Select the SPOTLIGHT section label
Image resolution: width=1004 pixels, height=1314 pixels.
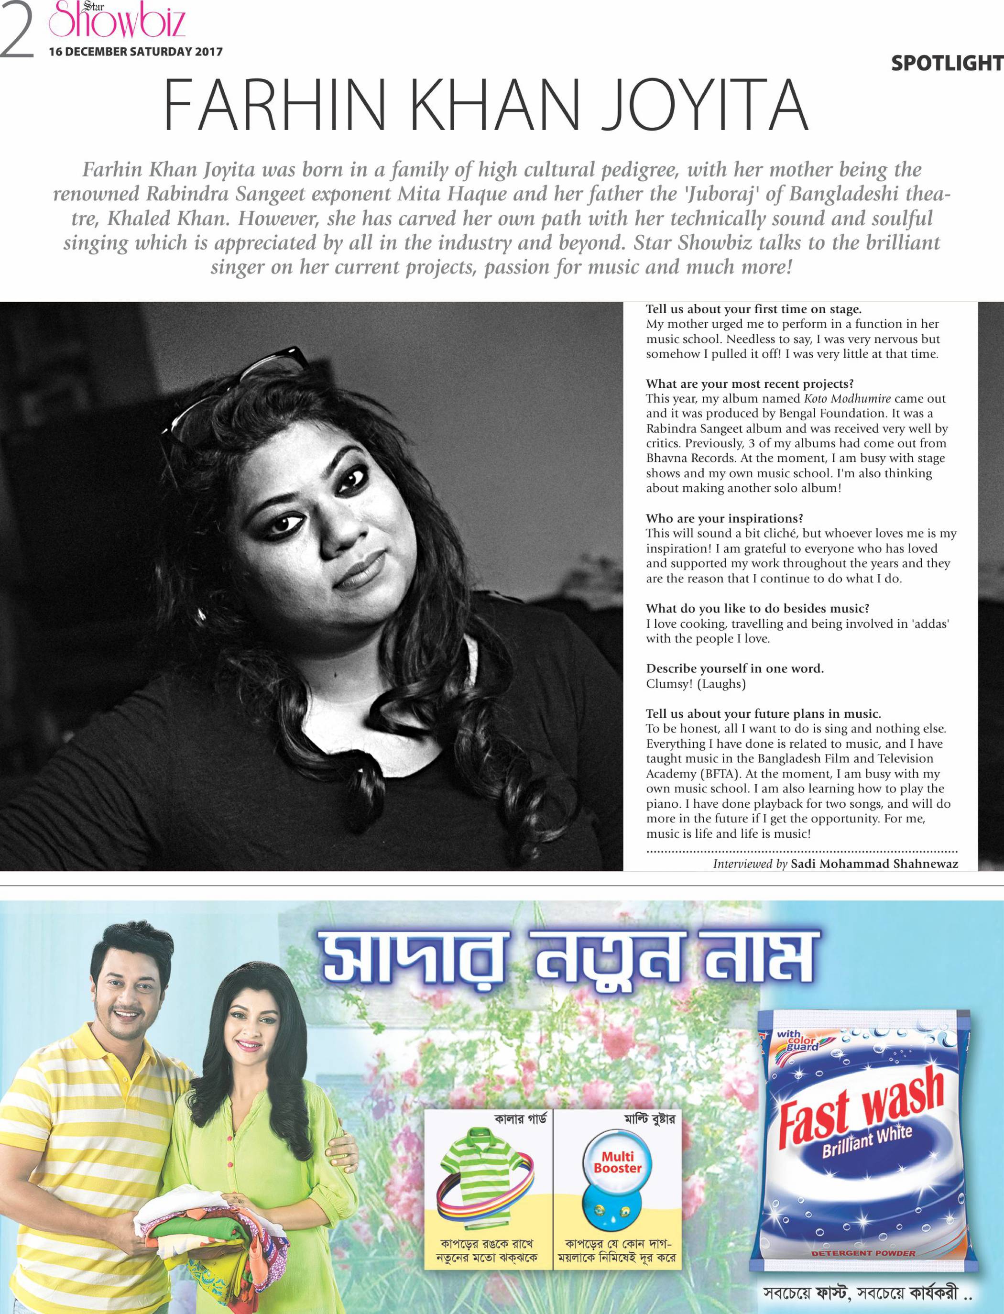click(x=947, y=63)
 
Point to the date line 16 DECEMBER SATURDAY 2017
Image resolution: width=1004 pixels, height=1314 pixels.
click(x=136, y=52)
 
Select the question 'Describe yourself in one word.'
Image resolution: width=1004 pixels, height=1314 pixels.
click(x=734, y=668)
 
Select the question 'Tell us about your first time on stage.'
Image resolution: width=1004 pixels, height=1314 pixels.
click(x=753, y=309)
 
